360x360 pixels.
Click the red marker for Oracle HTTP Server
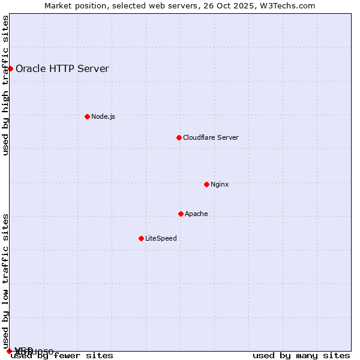click(10, 68)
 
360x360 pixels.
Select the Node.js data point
click(87, 116)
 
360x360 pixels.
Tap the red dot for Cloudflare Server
click(179, 137)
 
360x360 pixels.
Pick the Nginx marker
click(206, 184)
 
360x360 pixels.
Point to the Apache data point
click(181, 214)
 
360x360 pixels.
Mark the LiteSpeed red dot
click(141, 238)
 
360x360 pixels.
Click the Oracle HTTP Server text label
click(62, 68)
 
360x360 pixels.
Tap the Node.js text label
click(103, 116)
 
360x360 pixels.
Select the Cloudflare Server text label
click(211, 137)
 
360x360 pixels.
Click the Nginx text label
click(220, 184)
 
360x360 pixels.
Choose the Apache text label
click(196, 214)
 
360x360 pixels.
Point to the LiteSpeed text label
click(161, 238)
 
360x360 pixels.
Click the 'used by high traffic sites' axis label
click(5, 85)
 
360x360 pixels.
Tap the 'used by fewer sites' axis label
click(62, 355)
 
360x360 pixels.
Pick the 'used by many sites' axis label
click(301, 355)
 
